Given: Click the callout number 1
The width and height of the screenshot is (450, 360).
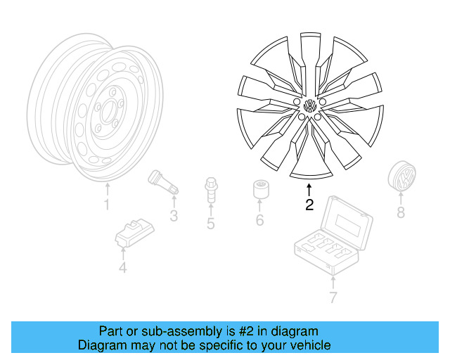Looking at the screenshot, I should click(107, 205).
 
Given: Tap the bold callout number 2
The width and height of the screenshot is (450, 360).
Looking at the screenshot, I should click(309, 205).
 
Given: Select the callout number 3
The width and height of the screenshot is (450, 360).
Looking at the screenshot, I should click(174, 215).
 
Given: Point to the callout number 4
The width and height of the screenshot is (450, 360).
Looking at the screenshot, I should click(122, 267).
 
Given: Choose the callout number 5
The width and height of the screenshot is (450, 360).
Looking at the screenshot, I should click(210, 224).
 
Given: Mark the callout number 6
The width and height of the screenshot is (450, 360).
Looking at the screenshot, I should click(259, 221).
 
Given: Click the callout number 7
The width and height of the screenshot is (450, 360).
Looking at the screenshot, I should click(333, 297).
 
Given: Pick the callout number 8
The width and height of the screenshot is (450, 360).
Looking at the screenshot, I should click(401, 212).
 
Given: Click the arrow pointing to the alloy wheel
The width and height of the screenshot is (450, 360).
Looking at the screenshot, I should click(309, 188).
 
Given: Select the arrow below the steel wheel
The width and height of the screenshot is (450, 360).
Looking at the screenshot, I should click(107, 188).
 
